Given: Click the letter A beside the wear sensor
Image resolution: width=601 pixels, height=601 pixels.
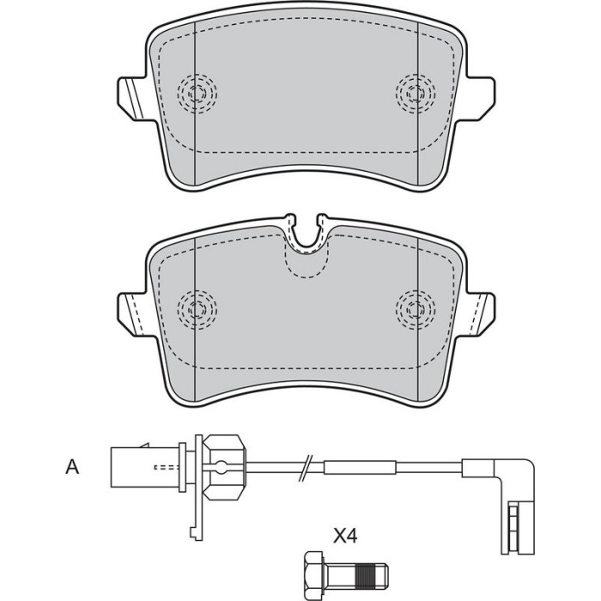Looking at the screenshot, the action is click(72, 467).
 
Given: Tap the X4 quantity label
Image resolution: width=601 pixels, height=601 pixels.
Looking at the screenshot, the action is click(345, 536).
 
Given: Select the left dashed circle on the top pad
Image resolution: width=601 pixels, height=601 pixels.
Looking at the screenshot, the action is click(197, 93).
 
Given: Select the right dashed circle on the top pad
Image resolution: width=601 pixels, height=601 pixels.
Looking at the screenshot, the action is click(416, 93).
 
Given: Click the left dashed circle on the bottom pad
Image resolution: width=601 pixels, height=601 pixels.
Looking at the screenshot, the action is click(197, 309).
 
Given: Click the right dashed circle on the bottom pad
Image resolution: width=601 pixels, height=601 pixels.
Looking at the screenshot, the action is click(416, 309).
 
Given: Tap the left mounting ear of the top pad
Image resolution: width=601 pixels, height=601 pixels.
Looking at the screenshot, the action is click(132, 99).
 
